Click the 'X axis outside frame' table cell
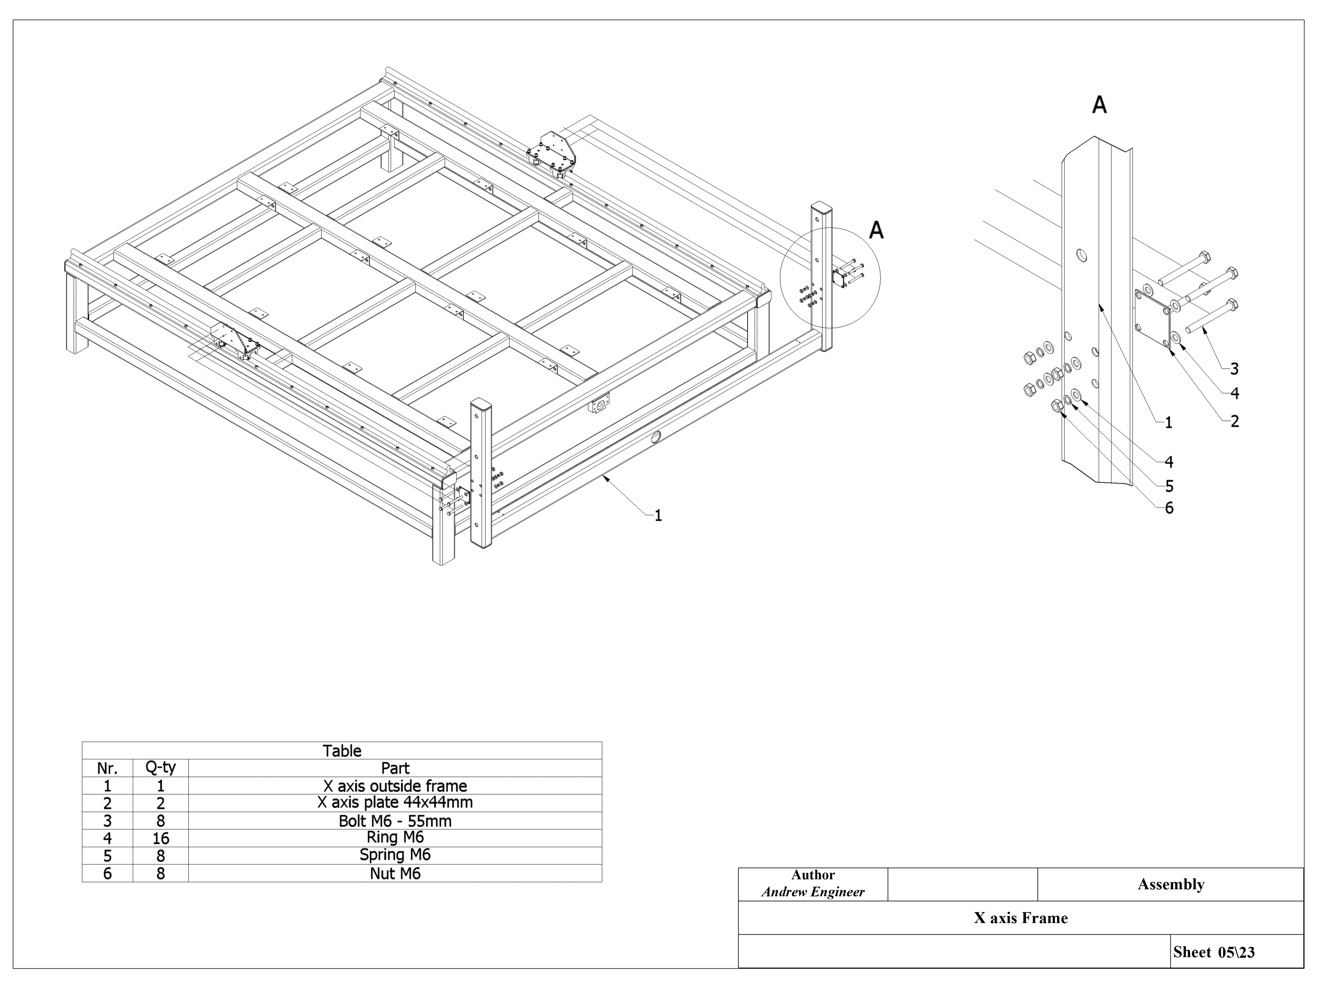(x=395, y=785)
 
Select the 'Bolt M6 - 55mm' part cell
(x=395, y=821)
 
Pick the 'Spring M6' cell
(x=395, y=855)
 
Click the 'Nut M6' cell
(x=395, y=874)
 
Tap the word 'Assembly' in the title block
(x=1170, y=884)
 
